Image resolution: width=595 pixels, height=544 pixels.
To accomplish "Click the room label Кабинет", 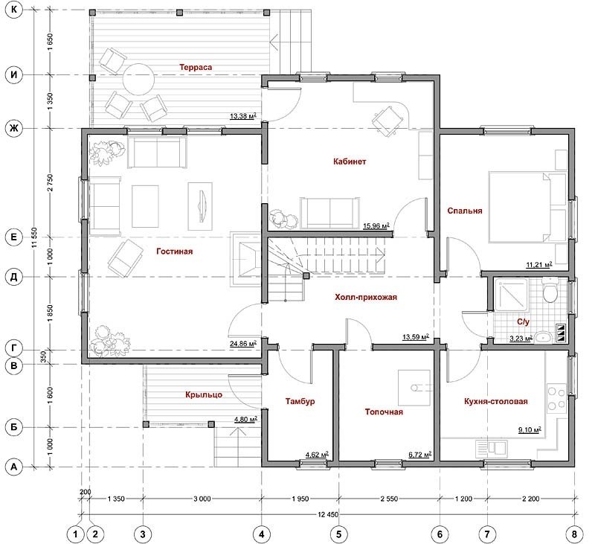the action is (x=350, y=161).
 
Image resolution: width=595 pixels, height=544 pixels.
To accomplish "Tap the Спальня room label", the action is (x=464, y=211).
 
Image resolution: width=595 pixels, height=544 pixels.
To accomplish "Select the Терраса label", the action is (x=196, y=67).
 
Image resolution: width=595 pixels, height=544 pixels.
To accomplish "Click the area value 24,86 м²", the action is (x=243, y=344).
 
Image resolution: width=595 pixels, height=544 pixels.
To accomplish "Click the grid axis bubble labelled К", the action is (x=14, y=10).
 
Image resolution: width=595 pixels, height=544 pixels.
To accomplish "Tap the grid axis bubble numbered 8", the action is (x=574, y=534).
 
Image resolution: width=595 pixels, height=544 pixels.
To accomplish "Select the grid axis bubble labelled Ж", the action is (x=14, y=128).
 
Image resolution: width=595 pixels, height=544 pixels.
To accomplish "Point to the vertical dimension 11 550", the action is (x=35, y=238).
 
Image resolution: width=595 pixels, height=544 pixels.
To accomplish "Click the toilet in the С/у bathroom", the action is (x=549, y=290).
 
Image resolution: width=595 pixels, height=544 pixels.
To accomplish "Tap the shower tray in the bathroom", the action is (x=510, y=295).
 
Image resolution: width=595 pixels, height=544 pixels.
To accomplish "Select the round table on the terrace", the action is (x=138, y=80).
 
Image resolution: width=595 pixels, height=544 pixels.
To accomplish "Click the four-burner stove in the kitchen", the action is (x=556, y=399).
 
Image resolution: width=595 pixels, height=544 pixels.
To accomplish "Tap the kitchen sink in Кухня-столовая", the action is (x=491, y=447).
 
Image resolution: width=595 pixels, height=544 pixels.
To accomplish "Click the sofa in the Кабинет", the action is (x=329, y=213).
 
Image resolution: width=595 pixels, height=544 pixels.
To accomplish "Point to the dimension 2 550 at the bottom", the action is (x=389, y=499).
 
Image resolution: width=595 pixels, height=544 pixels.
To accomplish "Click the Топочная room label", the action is (x=384, y=412).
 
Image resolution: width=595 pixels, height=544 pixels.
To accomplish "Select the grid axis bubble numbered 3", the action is (x=143, y=534).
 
